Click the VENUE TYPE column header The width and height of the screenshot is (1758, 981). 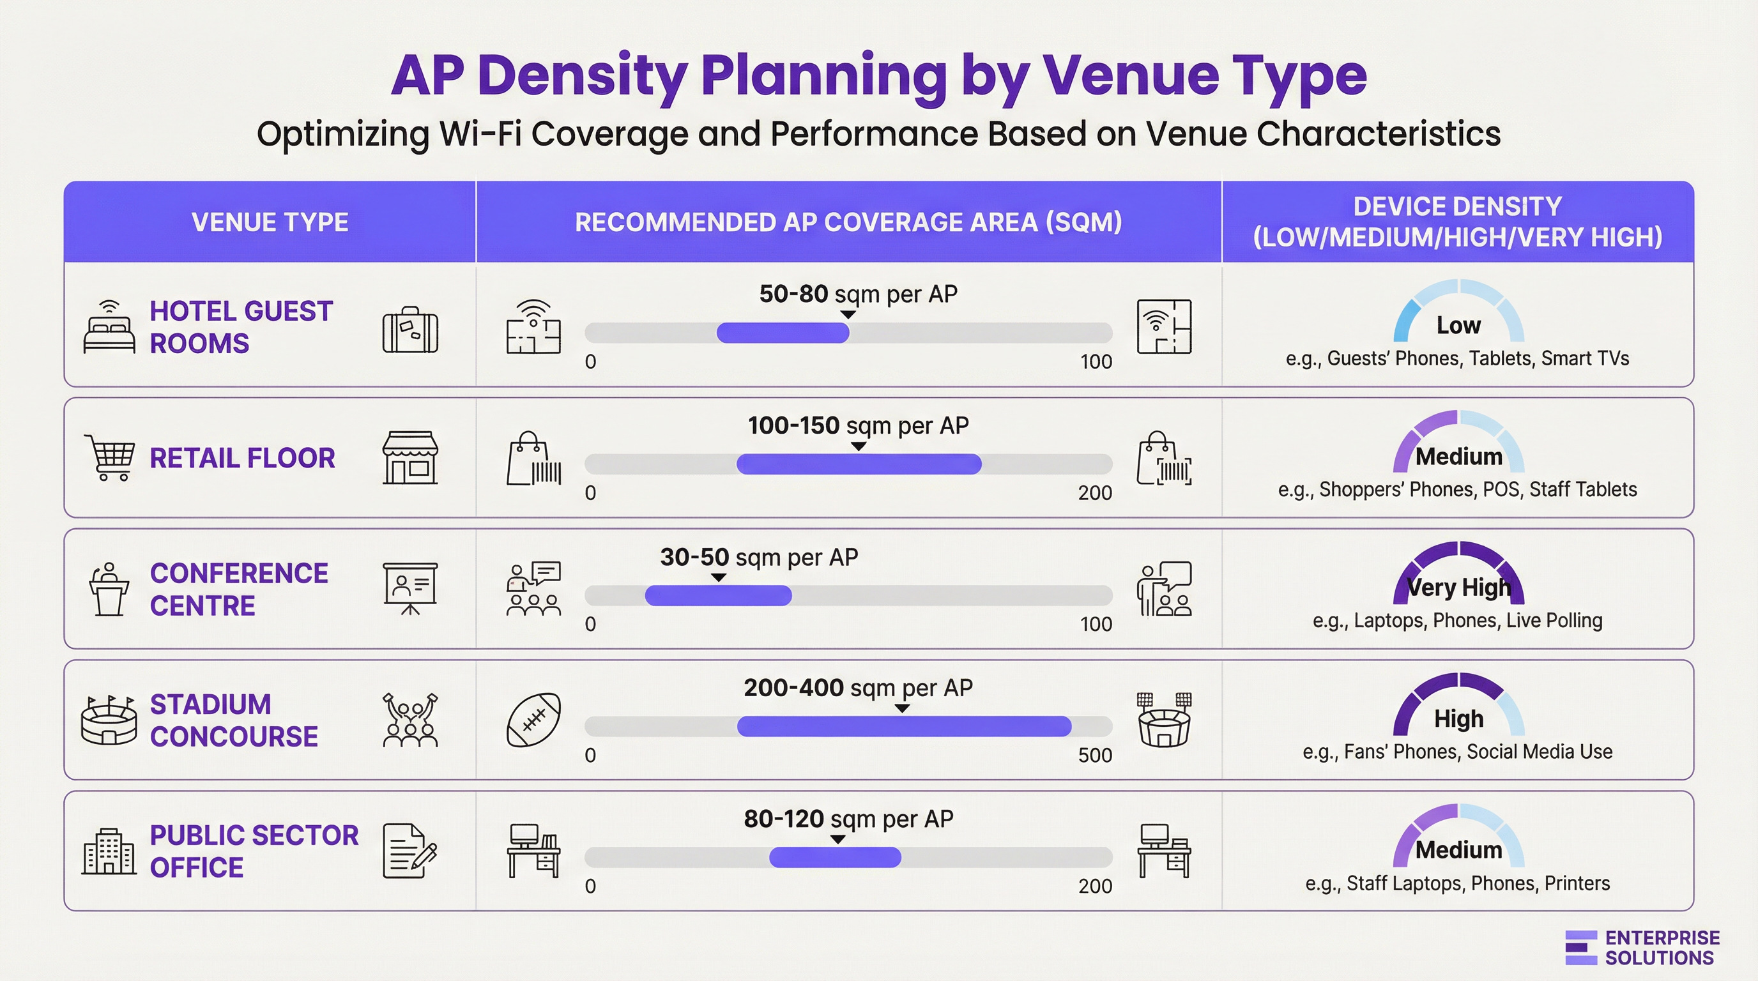tap(270, 222)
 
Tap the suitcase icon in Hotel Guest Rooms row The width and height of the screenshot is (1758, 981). tap(410, 330)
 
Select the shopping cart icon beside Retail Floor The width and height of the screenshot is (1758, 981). tap(109, 457)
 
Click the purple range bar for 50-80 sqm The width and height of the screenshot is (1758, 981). tap(783, 333)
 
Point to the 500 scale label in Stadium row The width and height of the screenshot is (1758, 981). tap(1095, 755)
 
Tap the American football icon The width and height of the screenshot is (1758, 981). tap(533, 720)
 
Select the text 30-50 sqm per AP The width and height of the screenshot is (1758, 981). tap(759, 558)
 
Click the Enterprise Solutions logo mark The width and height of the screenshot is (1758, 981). tap(1580, 948)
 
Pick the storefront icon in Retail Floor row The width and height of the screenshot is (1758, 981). tap(410, 458)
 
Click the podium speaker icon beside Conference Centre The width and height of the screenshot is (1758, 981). tap(109, 589)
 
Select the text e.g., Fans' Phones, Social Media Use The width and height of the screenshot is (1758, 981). tap(1457, 752)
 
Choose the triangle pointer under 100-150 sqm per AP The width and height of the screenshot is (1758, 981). tap(859, 446)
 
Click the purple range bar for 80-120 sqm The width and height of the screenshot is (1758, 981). tap(835, 858)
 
